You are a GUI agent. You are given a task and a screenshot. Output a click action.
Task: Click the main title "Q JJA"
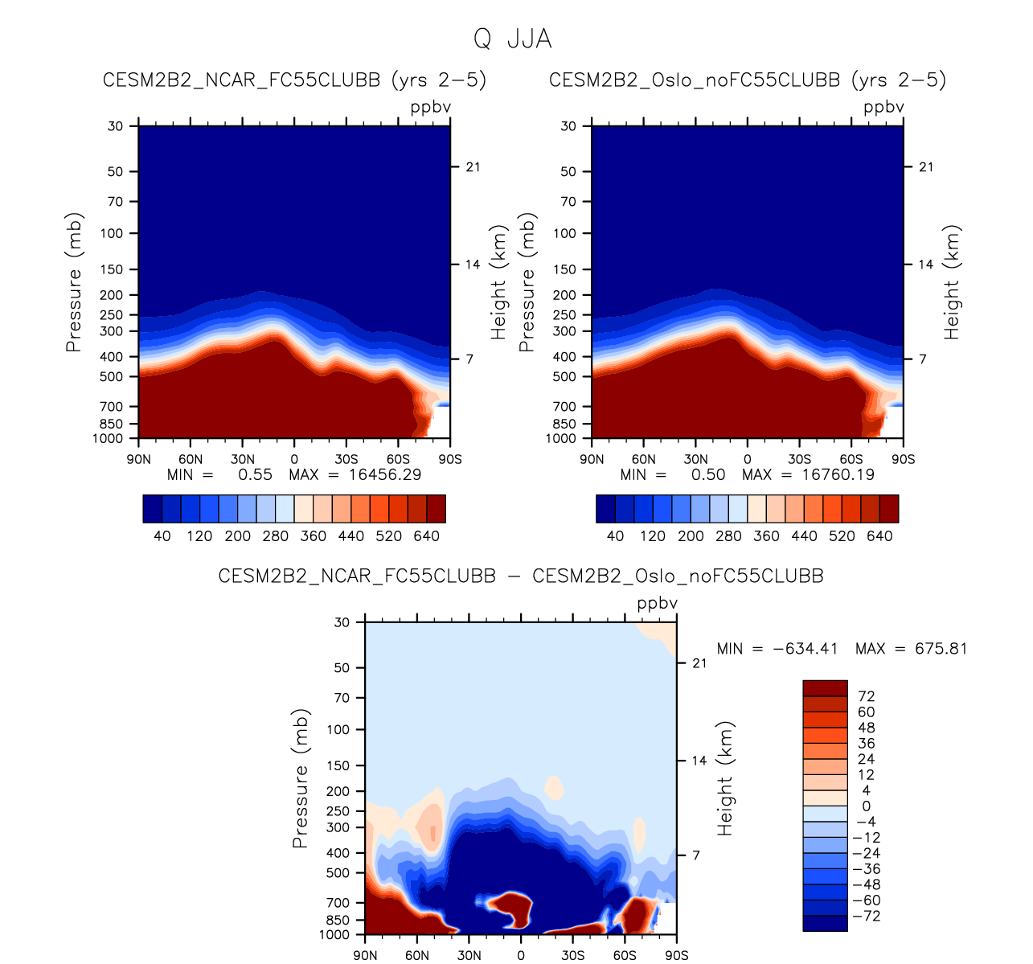click(x=512, y=39)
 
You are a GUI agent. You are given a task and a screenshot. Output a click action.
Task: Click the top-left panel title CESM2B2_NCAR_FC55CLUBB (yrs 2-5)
click(x=294, y=80)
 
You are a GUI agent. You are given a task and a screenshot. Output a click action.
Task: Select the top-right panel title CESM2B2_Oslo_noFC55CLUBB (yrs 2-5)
click(x=748, y=80)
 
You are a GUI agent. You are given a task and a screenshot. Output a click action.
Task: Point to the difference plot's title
click(x=521, y=576)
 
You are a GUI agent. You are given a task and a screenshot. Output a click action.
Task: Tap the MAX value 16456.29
click(x=384, y=475)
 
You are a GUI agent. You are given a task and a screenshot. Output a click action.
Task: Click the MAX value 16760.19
click(x=838, y=475)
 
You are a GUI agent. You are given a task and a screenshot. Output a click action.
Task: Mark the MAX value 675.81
click(x=941, y=649)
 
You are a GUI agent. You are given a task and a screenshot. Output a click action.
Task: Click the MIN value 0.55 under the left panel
click(x=255, y=475)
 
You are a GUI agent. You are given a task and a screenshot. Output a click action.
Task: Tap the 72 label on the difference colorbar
click(x=867, y=696)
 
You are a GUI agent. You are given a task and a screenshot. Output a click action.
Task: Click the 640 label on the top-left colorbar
click(x=426, y=536)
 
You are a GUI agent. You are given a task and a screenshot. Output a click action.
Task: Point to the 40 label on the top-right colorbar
click(x=615, y=536)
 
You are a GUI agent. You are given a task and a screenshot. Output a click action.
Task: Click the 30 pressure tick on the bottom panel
click(x=342, y=622)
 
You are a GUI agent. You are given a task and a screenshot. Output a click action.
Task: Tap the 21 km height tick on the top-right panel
click(x=926, y=167)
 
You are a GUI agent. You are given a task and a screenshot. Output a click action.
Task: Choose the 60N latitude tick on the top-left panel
click(x=191, y=459)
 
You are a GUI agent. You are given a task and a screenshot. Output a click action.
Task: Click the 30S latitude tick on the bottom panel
click(x=572, y=955)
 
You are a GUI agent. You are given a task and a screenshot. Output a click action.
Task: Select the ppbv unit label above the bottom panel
click(x=658, y=604)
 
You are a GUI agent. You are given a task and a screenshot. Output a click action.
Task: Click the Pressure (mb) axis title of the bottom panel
click(x=301, y=778)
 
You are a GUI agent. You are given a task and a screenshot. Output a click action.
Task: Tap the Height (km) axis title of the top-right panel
click(x=953, y=281)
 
